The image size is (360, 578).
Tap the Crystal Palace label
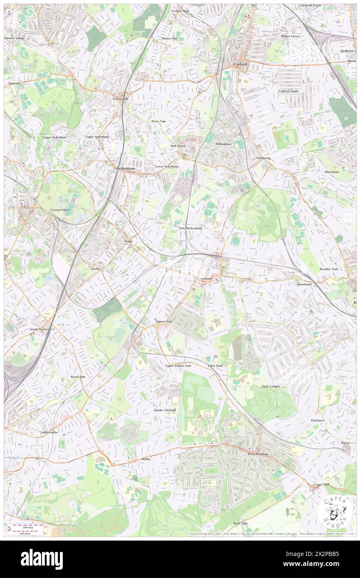point(61,210)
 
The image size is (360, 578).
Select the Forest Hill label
point(122,99)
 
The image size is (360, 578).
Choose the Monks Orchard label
point(165,410)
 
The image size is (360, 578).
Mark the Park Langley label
point(271,386)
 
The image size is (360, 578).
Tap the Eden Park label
point(215,366)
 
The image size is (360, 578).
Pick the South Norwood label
point(40,329)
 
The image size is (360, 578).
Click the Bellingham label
point(223,143)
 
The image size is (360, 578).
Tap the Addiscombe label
point(49,432)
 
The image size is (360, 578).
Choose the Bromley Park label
point(328,269)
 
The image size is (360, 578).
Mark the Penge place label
point(128,241)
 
